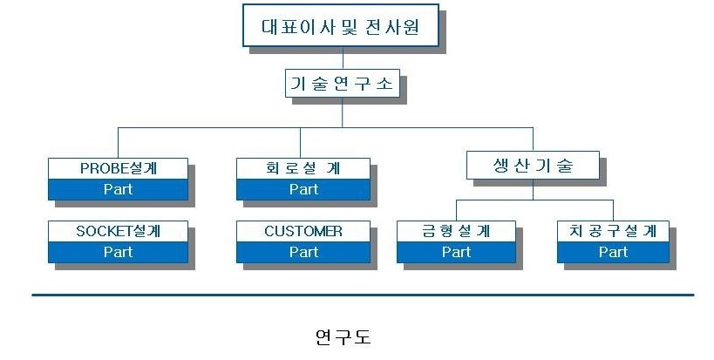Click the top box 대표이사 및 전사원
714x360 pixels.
(x=341, y=26)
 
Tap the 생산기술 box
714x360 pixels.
(x=533, y=165)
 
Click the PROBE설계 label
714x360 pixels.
(x=118, y=167)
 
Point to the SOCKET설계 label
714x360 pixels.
(x=118, y=231)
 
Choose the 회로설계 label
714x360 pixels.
(x=303, y=167)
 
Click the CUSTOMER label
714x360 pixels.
(x=303, y=231)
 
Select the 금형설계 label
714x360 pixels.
(x=456, y=231)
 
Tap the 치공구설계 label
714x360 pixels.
(x=613, y=231)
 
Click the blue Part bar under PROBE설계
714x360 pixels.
(x=118, y=189)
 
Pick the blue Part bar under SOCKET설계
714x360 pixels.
(x=118, y=252)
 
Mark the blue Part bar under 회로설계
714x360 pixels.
(x=303, y=189)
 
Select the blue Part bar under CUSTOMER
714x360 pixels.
(x=303, y=252)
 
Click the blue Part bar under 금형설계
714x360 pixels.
(x=456, y=252)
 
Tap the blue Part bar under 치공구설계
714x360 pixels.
(x=613, y=252)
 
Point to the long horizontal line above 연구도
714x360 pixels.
(x=362, y=295)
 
